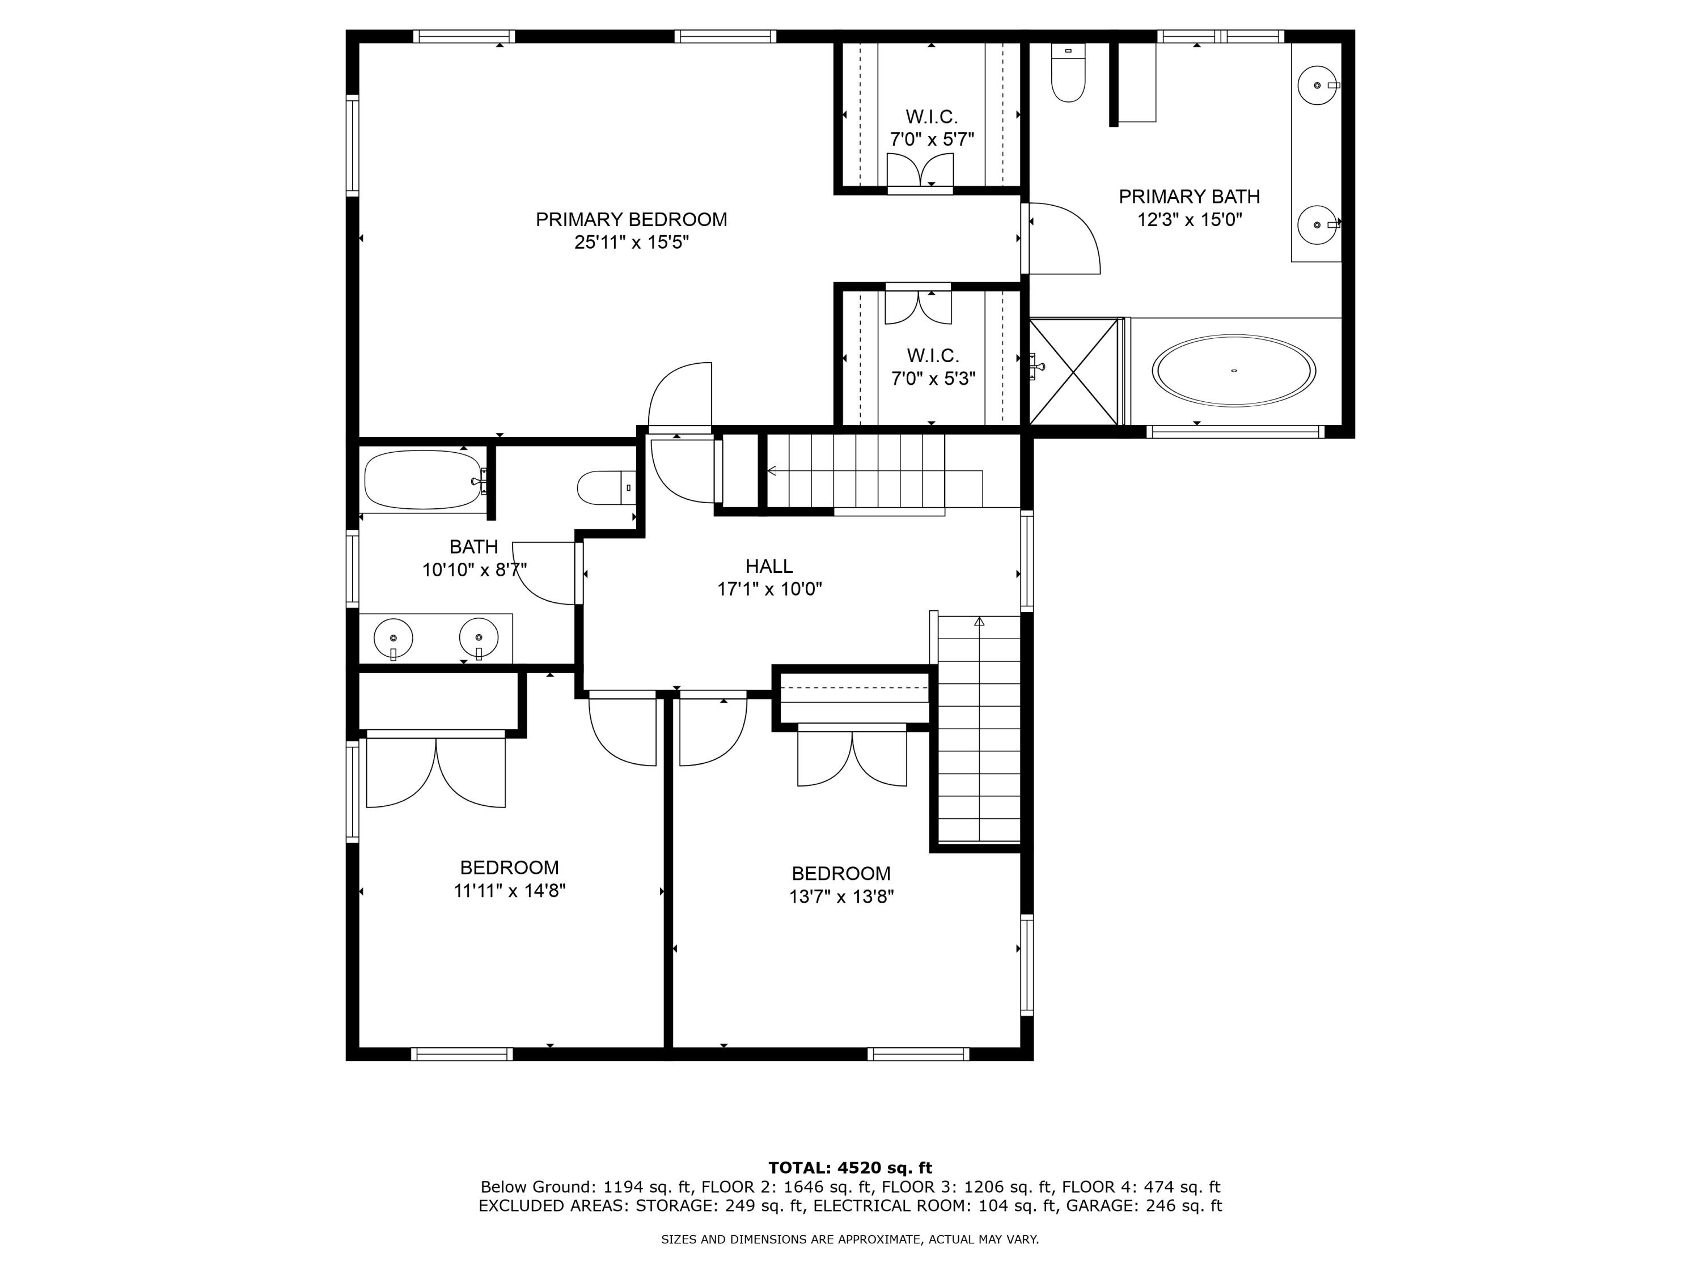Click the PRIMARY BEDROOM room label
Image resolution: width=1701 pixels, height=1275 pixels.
[631, 220]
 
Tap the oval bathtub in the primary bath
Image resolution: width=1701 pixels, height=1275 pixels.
[1233, 371]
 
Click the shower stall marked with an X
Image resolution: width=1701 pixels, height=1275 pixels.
[1073, 371]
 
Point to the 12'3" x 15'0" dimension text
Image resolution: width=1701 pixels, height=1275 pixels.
[1190, 220]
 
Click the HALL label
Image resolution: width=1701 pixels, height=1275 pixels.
[769, 567]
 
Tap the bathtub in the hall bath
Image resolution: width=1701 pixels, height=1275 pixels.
[424, 479]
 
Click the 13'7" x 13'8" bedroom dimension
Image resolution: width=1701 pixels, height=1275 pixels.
[841, 896]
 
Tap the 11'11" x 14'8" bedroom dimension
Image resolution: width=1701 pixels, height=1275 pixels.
[509, 891]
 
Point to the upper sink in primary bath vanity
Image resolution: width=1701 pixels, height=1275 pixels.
[1317, 86]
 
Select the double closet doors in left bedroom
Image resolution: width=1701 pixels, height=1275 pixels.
[436, 772]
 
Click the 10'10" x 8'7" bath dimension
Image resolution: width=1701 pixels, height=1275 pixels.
[473, 570]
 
